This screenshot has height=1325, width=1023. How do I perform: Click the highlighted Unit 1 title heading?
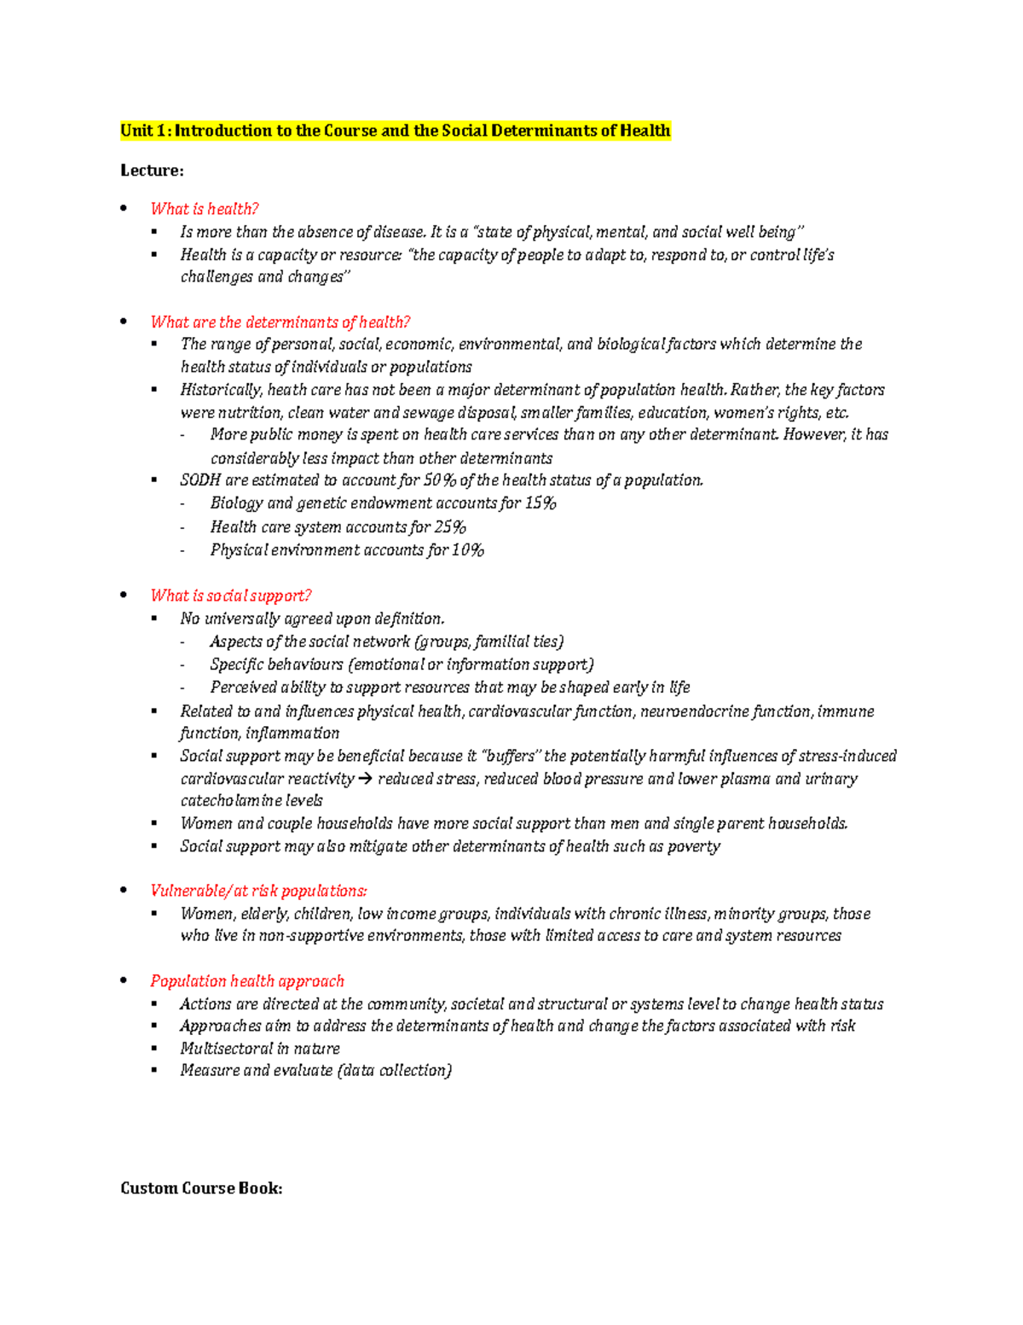[396, 131]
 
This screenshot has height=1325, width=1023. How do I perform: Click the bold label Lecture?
[152, 171]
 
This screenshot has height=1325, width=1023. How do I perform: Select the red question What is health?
[204, 209]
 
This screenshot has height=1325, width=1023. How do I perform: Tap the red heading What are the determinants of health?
[280, 323]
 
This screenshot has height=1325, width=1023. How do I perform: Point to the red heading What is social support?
[230, 596]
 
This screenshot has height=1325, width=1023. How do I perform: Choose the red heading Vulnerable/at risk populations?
[258, 891]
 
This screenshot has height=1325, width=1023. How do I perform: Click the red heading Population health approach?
[247, 981]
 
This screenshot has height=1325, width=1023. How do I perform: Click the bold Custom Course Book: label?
[201, 1188]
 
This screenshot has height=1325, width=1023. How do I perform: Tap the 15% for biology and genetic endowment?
[540, 503]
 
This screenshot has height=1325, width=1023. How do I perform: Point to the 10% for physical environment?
[468, 550]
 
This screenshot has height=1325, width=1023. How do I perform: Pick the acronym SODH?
[200, 480]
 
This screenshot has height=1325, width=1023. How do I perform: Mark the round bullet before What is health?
[124, 208]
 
